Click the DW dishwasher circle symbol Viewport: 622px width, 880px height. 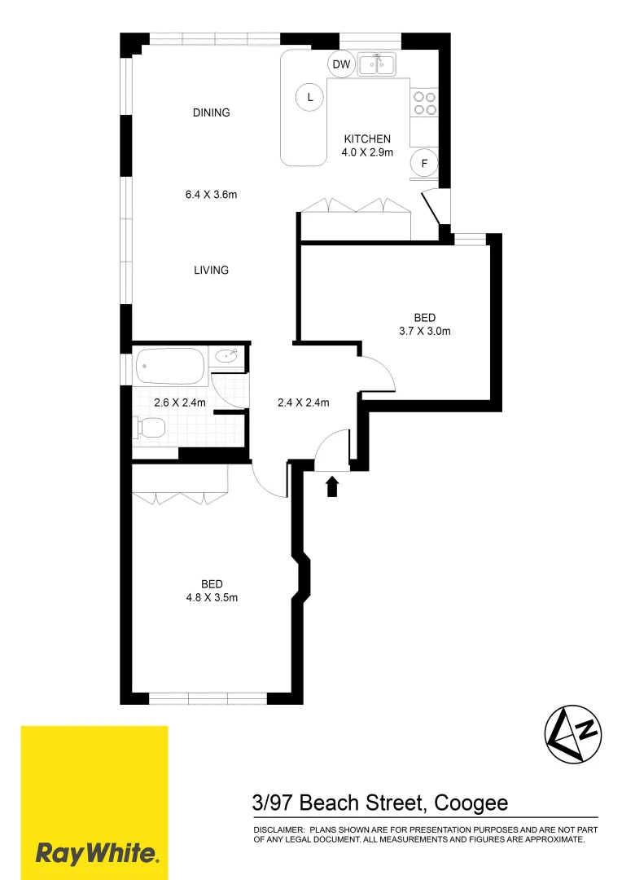click(341, 64)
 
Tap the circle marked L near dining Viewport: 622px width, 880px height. click(309, 98)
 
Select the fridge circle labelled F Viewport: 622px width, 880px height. click(423, 164)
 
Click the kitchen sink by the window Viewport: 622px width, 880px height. click(376, 64)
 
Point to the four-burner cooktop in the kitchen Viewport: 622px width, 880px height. click(424, 102)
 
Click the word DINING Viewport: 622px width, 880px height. click(211, 112)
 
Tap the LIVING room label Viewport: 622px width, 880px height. click(211, 270)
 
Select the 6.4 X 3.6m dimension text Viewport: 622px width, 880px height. click(212, 194)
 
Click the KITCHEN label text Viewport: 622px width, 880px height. click(367, 139)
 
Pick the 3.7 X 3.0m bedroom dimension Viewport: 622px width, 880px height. click(424, 331)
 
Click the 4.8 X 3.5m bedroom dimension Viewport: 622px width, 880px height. click(212, 596)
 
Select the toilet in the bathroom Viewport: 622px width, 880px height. click(151, 427)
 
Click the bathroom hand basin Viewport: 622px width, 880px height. click(227, 355)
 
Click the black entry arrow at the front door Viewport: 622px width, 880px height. click(331, 486)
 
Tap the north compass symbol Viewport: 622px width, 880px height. click(572, 733)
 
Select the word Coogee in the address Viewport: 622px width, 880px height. click(471, 803)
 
